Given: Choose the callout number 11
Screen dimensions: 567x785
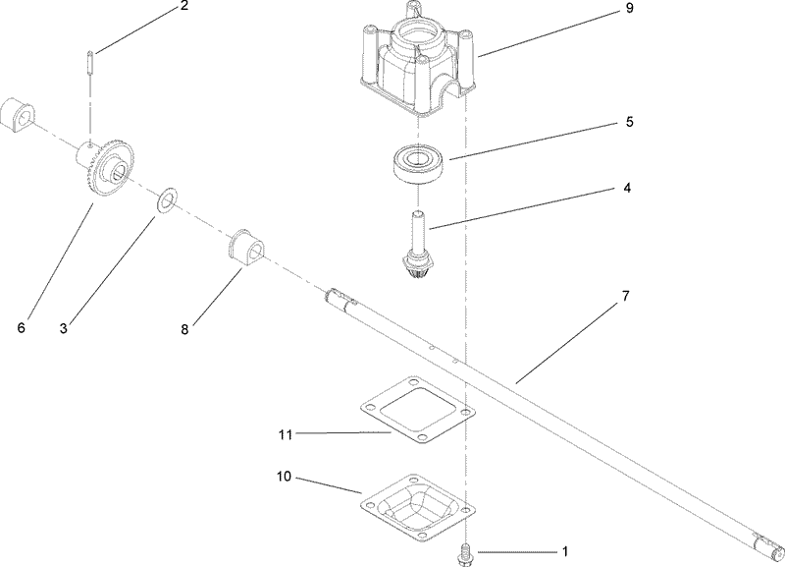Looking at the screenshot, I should tap(285, 432).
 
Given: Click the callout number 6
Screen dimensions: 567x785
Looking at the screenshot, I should tap(21, 327).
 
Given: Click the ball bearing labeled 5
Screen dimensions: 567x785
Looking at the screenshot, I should tap(420, 160).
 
